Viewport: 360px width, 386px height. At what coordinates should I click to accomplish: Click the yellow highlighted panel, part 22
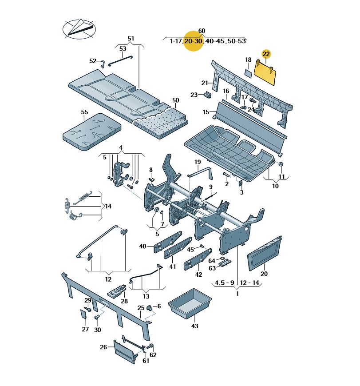coord(265,72)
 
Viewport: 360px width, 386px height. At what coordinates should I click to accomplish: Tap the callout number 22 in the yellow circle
coord(266,54)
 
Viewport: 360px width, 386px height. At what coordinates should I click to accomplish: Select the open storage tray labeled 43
coord(190,303)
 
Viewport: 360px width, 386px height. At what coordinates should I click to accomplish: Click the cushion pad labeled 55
coord(92,132)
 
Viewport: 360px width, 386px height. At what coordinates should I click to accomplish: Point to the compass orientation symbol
coord(79,29)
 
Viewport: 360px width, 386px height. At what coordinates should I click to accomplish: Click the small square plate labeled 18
coord(248,74)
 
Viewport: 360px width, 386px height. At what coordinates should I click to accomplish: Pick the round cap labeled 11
coord(281,164)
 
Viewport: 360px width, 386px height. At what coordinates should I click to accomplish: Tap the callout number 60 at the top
coord(202,31)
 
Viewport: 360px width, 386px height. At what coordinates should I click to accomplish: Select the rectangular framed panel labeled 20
coord(265,253)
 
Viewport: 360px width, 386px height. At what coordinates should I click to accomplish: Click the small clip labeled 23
coord(208,94)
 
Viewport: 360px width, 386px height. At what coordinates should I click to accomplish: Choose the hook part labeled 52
coord(103,64)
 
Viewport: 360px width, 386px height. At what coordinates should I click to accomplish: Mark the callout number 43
coord(194,326)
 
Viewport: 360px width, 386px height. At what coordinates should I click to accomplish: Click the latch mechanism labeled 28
coord(117,291)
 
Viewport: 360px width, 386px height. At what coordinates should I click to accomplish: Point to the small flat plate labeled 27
coord(83,315)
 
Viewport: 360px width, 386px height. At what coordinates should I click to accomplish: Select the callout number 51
coord(131,39)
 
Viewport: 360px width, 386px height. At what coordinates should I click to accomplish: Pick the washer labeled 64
coord(222,258)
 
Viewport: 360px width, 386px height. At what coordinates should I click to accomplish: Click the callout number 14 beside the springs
coord(108,206)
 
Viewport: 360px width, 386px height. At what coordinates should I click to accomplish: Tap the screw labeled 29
coord(87,309)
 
